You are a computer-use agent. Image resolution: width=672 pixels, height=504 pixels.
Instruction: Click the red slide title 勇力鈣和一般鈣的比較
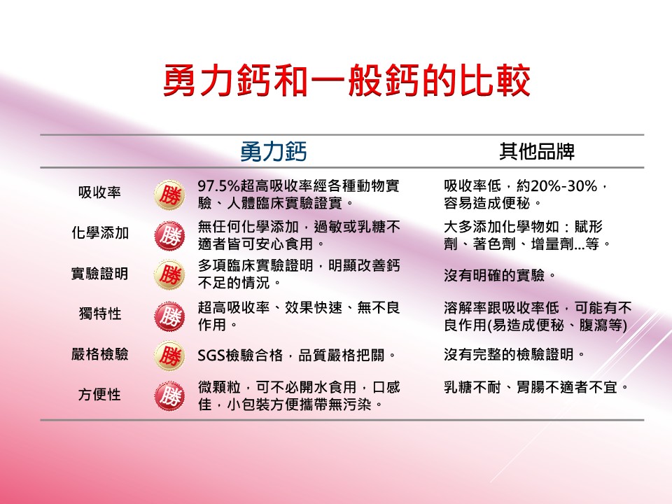[x=347, y=81]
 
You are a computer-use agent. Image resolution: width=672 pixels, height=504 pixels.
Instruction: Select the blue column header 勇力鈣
[x=274, y=151]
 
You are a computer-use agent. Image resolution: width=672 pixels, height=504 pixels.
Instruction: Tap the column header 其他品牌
[x=537, y=151]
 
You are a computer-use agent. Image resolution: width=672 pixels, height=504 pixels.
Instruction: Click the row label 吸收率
[x=99, y=192]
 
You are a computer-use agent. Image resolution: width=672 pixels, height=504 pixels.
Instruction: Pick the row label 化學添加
[x=100, y=232]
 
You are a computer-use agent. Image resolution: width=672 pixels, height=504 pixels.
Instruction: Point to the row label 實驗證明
[x=100, y=274]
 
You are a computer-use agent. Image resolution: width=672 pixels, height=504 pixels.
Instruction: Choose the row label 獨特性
[x=100, y=314]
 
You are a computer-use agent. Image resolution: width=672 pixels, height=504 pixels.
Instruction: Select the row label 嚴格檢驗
[x=100, y=354]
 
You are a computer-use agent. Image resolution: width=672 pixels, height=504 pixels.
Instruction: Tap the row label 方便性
[x=99, y=394]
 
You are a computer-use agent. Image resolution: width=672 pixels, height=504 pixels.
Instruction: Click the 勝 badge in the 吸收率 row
[x=169, y=195]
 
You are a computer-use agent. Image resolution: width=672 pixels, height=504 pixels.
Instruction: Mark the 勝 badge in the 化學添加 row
[x=169, y=236]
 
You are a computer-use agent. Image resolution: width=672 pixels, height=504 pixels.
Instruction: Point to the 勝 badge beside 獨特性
[x=169, y=316]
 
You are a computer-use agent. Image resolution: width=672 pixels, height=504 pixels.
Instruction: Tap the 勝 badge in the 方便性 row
[x=169, y=396]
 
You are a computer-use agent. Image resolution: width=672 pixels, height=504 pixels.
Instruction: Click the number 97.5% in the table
[x=218, y=186]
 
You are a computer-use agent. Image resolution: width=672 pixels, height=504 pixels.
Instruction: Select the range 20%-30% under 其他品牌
[x=563, y=186]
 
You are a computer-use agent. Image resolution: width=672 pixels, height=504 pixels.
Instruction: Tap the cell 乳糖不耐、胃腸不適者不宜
[x=536, y=387]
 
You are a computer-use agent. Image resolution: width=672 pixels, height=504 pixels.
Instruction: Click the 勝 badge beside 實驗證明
[x=169, y=275]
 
